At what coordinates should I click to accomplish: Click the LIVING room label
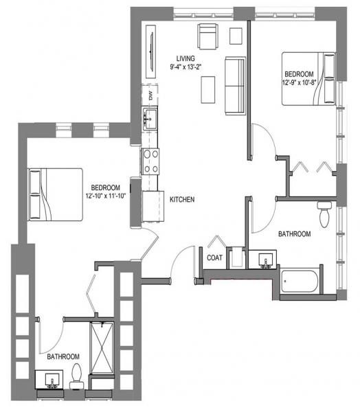point(185,58)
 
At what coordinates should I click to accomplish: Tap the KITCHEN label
point(182,199)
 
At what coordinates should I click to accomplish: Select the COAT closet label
point(214,257)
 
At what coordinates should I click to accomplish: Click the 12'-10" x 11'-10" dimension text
point(106,196)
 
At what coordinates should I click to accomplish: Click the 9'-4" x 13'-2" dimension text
point(185,67)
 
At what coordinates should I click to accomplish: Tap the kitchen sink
point(150,117)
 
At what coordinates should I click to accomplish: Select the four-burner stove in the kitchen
point(150,161)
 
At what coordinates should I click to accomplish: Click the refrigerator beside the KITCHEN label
point(153,206)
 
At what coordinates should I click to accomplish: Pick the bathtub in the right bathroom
point(299,282)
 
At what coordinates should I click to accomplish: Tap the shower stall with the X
point(102,347)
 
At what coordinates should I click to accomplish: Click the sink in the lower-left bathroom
point(49,380)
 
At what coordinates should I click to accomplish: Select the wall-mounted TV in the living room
point(151,51)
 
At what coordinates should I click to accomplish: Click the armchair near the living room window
point(207,36)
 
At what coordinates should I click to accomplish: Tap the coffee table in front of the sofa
point(208,89)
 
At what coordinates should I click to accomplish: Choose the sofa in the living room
point(236,86)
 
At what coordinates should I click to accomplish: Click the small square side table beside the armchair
point(236,36)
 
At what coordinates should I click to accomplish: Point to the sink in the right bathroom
point(263,260)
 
